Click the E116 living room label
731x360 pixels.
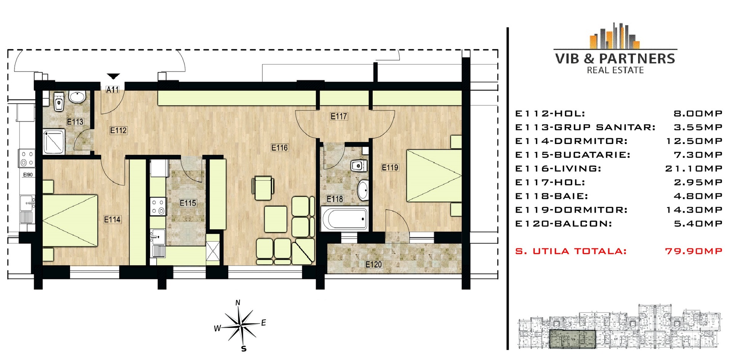tap(279, 147)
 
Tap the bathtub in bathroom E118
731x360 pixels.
tap(345, 218)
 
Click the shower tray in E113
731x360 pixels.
tap(54, 142)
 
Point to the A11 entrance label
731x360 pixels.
tap(112, 90)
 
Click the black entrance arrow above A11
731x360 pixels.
tap(113, 76)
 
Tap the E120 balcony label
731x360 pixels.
tap(373, 264)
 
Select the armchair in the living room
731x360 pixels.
tap(263, 188)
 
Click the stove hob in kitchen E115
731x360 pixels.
tap(158, 206)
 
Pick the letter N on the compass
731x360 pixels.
tap(238, 303)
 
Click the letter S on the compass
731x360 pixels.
tap(244, 349)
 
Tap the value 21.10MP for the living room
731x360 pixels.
tap(694, 168)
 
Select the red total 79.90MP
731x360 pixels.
tap(694, 251)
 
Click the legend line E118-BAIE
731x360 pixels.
tap(552, 196)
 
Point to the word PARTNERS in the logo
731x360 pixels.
tap(637, 59)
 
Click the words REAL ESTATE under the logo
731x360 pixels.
tap(615, 70)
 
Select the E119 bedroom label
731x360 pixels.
tap(390, 167)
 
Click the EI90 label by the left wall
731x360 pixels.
tap(28, 174)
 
